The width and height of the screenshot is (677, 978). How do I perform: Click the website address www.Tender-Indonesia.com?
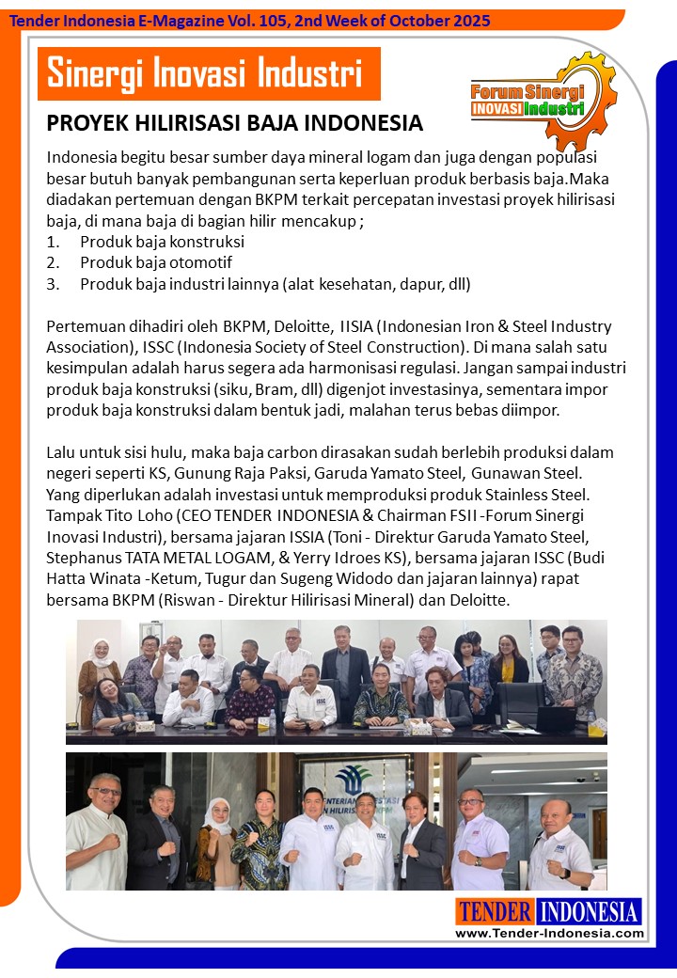coord(549,933)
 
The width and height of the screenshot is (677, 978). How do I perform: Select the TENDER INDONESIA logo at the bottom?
coord(549,911)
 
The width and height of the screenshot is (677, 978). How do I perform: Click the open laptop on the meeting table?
coord(555,719)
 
